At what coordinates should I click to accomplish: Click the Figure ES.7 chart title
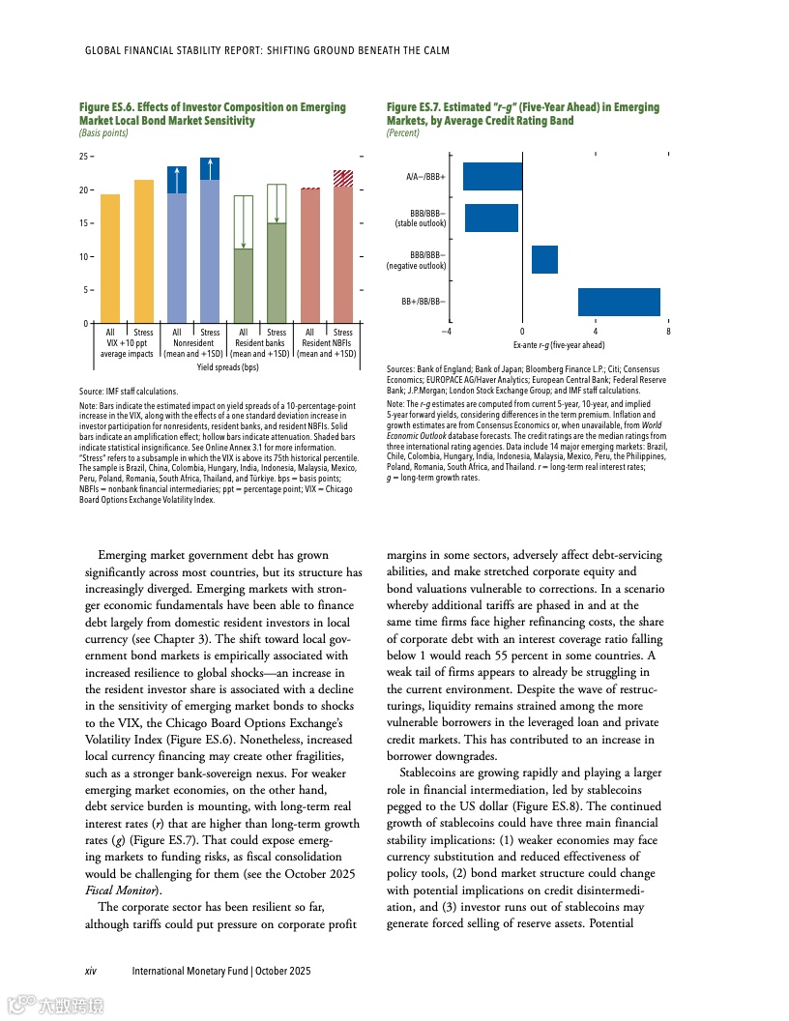point(522,114)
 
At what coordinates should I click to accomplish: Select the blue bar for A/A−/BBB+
point(492,177)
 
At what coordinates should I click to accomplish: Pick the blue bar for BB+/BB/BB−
point(619,302)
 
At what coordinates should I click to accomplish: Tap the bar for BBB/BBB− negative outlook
point(544,259)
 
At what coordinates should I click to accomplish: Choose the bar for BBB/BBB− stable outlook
point(491,218)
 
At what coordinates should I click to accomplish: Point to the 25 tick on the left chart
point(83,156)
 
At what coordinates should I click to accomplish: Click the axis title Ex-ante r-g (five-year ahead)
point(559,344)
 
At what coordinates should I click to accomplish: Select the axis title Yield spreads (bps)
point(227,367)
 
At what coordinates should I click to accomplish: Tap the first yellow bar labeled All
point(110,258)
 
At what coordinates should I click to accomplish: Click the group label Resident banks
point(260,343)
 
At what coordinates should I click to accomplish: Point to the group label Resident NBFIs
point(326,343)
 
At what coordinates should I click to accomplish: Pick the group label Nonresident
point(193,343)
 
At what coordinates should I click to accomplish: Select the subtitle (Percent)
point(402,132)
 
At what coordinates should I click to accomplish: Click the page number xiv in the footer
point(91,970)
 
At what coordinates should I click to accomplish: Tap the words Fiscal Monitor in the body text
point(121,890)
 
